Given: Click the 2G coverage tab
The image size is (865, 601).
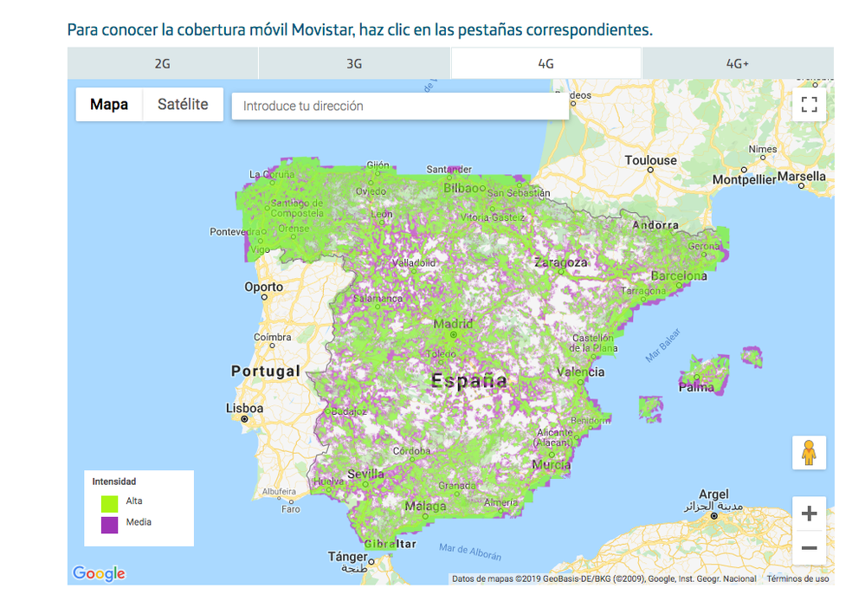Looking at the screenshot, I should point(163,63).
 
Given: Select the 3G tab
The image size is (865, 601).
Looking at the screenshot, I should point(354,63).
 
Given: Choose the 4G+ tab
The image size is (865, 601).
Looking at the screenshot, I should point(738,63).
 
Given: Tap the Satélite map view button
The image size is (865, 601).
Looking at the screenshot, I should point(183,105).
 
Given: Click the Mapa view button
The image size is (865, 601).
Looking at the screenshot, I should point(109,105).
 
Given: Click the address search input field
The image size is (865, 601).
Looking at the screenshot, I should point(400,106).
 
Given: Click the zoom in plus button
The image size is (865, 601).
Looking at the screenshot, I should point(809,514).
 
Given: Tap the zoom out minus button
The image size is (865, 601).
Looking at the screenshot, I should point(809,548).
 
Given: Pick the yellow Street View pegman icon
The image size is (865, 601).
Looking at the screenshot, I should point(809,453).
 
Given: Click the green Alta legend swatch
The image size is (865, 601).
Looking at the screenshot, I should point(109,501).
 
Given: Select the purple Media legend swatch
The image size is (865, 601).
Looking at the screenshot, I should point(109,524).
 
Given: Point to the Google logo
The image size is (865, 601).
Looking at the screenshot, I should point(99,573).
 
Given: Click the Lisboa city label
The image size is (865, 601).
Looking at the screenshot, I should point(244,408).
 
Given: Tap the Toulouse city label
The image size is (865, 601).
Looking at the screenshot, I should point(650,160).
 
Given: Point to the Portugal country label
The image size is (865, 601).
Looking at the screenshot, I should point(265,371).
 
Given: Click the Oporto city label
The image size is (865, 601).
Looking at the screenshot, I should point(263,287).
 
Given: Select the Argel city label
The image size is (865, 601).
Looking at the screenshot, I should point(714,494).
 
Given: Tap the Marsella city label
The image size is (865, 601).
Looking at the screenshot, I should point(802,176).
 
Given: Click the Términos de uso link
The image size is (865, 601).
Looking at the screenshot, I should point(797,578).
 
